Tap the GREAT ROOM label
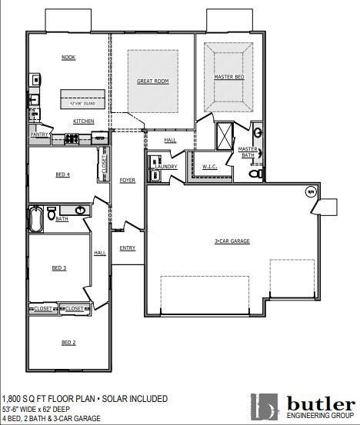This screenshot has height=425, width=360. pos(152,81)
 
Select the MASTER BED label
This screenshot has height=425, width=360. pos(228,78)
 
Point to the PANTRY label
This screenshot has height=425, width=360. pos(39,134)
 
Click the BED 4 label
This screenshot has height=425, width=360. pos(62,175)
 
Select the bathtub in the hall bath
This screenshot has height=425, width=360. pos(35,219)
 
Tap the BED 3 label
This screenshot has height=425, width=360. pos(58,268)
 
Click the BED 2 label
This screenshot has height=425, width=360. pos(68,342)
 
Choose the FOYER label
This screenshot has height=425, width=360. pos(127,180)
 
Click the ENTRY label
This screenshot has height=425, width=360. pos(127,248)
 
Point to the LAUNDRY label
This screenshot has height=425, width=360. pos(165,167)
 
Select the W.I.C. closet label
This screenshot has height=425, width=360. pos(209,166)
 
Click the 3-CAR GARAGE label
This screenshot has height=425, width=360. pos(232,241)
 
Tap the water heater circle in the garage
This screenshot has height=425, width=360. pos(311,191)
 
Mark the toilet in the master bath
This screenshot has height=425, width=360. pos(256,175)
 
